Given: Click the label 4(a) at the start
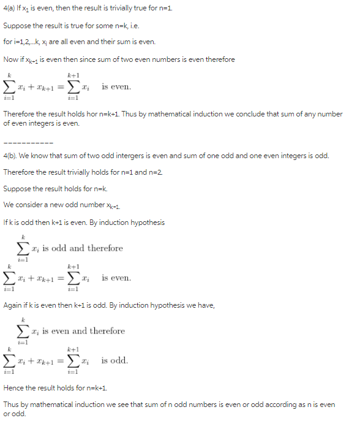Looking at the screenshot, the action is coord(10,10).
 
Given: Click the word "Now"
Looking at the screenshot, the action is coord(11,59).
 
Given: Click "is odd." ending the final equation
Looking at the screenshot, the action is coord(114,360).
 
